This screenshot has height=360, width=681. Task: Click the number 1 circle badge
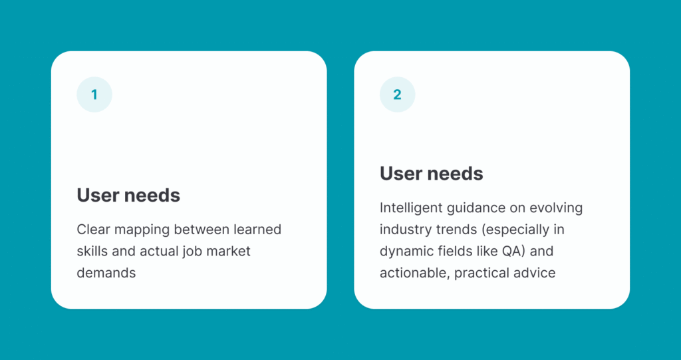click(94, 94)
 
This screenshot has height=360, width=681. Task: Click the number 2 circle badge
click(398, 94)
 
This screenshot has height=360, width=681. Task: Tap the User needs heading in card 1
click(128, 195)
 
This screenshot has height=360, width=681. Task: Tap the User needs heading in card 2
click(431, 174)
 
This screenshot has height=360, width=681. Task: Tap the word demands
click(106, 273)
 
